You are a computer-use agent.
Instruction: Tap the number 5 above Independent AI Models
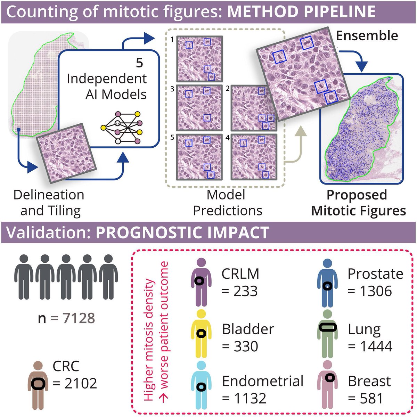(x=139, y=63)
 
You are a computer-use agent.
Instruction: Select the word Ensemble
(x=367, y=35)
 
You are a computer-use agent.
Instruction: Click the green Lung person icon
(x=327, y=334)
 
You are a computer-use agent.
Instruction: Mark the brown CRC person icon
(x=38, y=386)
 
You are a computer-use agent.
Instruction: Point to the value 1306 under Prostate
(x=370, y=291)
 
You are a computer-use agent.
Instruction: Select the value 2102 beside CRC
(x=75, y=383)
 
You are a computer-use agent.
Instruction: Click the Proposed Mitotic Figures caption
(x=358, y=203)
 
